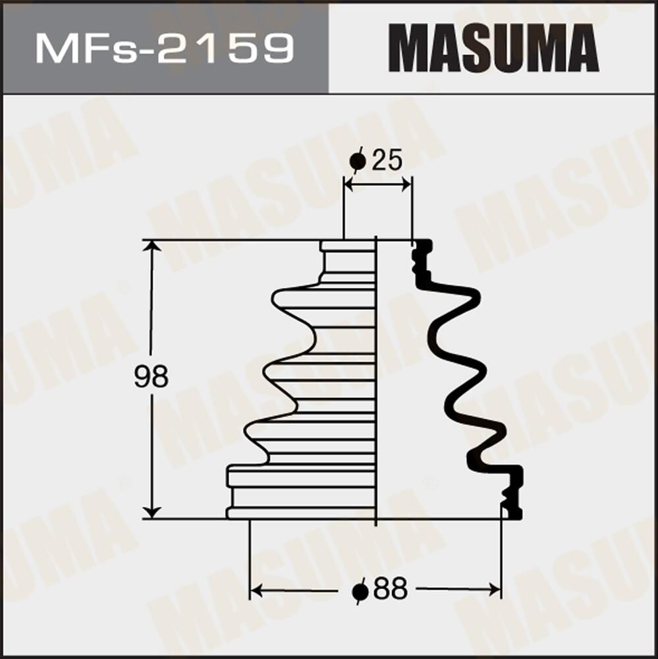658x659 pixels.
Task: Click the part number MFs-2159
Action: (165, 48)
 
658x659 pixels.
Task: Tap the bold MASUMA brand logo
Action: (493, 48)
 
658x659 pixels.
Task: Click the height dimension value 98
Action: (151, 378)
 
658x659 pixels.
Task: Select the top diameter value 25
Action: (387, 160)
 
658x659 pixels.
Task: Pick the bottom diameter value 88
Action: (390, 589)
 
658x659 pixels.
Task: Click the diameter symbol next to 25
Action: (358, 161)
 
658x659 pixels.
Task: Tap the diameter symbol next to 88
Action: (360, 590)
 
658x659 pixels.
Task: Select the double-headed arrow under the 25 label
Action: (378, 186)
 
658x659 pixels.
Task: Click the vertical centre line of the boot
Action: (375, 382)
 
